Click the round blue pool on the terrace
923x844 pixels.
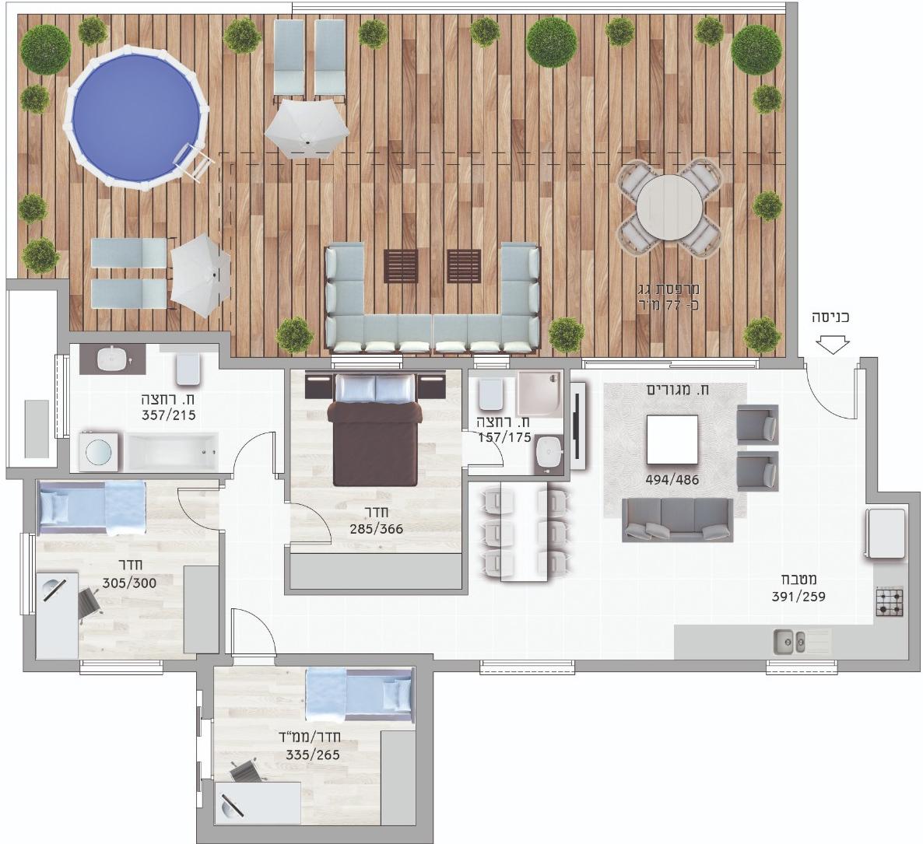pos(136,117)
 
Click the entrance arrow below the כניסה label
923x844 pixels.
pos(834,345)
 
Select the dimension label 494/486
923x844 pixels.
pos(672,480)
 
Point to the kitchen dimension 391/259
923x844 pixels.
pos(798,596)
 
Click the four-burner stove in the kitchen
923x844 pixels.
pos(889,602)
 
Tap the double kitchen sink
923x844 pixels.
pos(789,642)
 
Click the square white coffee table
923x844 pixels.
pos(672,440)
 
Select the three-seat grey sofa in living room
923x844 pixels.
pos(678,520)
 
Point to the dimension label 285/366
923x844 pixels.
pos(376,528)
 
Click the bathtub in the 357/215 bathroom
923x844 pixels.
pos(171,451)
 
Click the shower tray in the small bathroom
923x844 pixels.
pos(539,394)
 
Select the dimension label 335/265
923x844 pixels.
pos(313,755)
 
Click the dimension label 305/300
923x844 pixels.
pos(129,583)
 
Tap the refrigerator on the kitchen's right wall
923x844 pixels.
pos(885,534)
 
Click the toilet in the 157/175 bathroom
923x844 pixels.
pos(490,394)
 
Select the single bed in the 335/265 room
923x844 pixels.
pos(359,695)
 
